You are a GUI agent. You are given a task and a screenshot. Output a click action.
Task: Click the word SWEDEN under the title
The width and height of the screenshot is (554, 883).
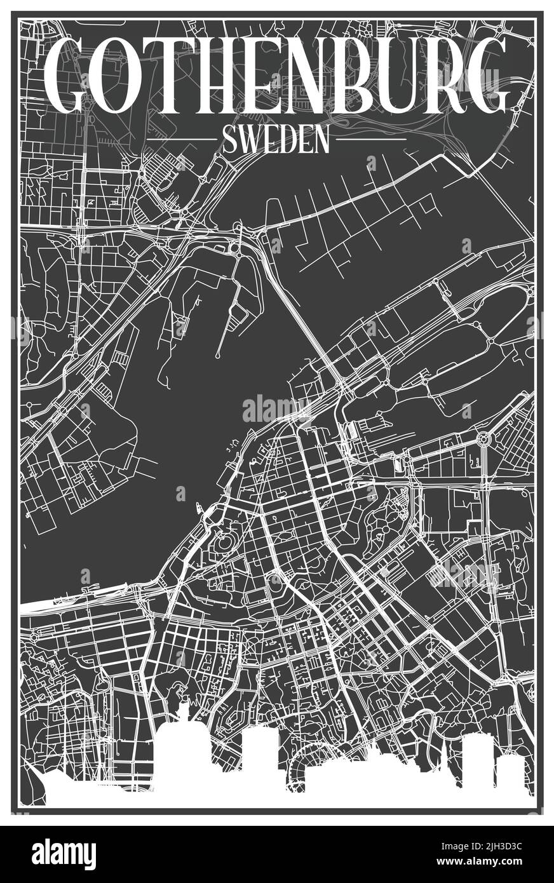[x=276, y=139]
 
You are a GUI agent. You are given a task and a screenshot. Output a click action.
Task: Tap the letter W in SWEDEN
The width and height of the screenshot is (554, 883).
[x=248, y=139]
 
